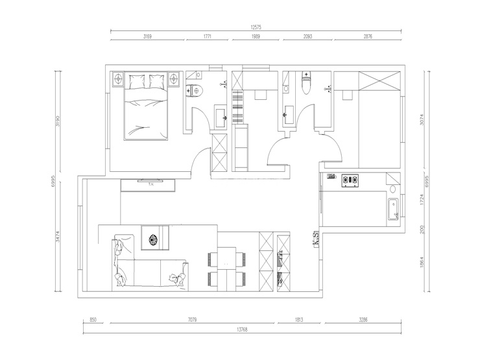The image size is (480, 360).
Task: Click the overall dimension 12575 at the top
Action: (256, 27)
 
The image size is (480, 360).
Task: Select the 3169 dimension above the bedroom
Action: (147, 36)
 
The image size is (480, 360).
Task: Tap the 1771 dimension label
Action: (208, 36)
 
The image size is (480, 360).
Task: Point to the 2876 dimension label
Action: (368, 36)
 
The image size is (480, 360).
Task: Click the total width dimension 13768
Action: (242, 330)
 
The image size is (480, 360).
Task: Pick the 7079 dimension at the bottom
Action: (192, 320)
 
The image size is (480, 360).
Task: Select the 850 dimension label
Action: (93, 320)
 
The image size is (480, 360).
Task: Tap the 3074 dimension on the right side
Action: (422, 119)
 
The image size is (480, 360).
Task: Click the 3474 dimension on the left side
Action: (58, 237)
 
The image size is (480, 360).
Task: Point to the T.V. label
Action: (151, 184)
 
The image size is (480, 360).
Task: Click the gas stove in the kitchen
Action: (350, 180)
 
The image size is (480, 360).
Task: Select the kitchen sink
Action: (392, 210)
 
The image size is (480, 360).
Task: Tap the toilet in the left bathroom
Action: (195, 91)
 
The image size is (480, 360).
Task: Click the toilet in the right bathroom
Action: (306, 83)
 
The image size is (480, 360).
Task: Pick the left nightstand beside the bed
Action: (118, 79)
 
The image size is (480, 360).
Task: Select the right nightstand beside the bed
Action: (174, 79)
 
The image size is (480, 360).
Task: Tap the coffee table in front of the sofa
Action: (155, 238)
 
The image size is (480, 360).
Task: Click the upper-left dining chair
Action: (213, 259)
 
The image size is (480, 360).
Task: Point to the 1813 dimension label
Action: (299, 320)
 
